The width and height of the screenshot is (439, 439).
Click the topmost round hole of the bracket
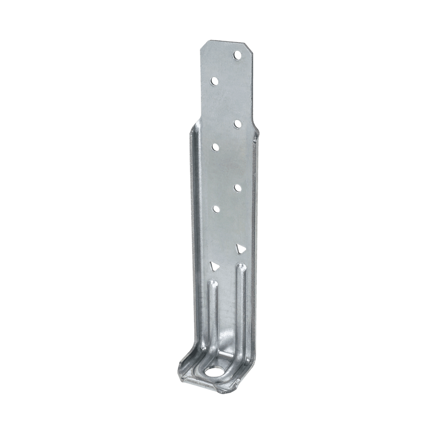237,55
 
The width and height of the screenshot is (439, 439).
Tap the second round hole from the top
215,81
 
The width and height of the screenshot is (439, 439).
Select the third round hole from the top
237,124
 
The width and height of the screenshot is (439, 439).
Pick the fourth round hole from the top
215,147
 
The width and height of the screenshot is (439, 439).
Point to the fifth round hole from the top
237,188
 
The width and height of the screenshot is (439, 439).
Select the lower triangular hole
215,266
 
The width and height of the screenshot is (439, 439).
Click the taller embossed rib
241,307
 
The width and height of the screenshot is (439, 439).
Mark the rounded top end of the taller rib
241,266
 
